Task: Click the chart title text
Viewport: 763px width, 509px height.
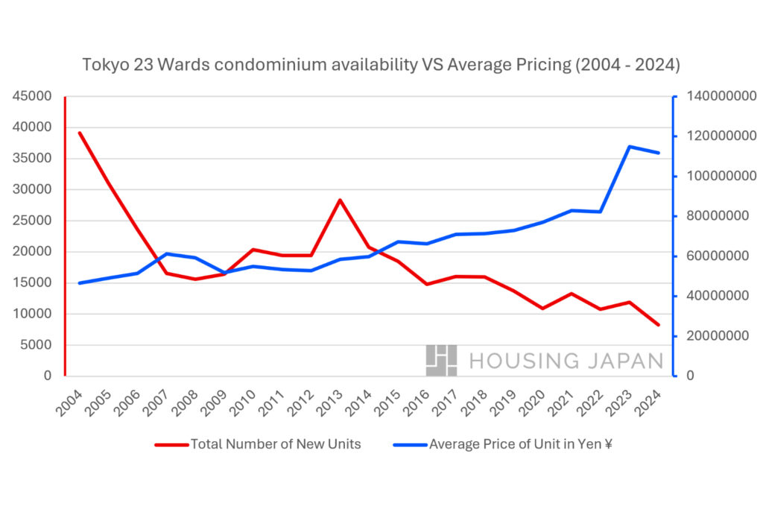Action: point(381,65)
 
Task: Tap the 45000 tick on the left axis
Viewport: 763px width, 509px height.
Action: point(31,96)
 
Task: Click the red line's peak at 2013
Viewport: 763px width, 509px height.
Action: point(340,200)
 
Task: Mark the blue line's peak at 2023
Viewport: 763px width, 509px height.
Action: point(630,147)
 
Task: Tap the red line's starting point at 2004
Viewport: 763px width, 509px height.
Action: point(79,133)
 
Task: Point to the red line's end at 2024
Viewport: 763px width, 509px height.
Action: point(658,325)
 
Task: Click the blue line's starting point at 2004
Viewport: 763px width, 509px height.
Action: point(79,283)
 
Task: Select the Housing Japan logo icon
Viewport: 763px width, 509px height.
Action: point(441,360)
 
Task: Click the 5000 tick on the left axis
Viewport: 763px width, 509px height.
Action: point(35,345)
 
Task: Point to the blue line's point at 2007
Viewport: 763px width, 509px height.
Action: point(166,253)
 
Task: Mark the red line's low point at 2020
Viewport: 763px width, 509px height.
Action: point(542,308)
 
